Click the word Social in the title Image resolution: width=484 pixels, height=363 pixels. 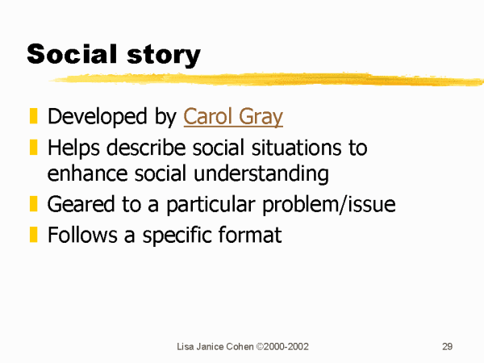(73, 54)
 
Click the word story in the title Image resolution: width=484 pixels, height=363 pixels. (164, 56)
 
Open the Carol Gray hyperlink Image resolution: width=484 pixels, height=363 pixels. (233, 117)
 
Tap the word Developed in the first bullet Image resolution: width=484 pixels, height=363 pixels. (98, 117)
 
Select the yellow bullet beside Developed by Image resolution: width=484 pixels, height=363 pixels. (33, 115)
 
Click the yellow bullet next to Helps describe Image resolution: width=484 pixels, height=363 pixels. (33, 147)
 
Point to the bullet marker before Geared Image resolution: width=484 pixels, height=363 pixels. (33, 204)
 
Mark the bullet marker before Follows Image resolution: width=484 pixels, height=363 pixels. (33, 235)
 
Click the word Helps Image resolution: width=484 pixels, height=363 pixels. (73, 148)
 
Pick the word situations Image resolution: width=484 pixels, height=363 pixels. (296, 148)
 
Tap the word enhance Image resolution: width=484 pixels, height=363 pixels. (87, 173)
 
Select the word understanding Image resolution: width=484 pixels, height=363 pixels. (261, 173)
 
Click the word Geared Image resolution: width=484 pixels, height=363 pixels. (81, 204)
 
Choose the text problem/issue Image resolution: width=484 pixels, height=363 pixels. (329, 205)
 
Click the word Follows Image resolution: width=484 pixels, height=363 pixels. (82, 235)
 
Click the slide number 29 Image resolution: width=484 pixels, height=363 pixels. (447, 346)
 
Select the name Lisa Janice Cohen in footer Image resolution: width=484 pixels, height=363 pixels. (215, 347)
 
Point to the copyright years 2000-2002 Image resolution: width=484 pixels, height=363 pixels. (286, 347)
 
